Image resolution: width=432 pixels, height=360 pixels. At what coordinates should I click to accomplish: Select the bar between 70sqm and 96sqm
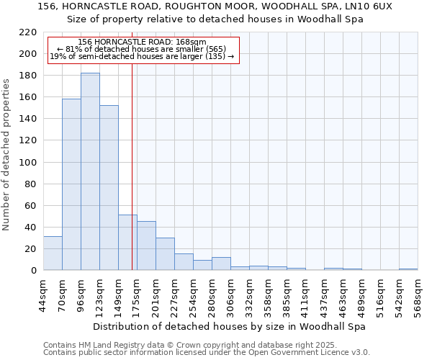(x=71, y=184)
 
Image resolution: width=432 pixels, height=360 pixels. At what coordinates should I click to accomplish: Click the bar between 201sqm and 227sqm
(x=165, y=253)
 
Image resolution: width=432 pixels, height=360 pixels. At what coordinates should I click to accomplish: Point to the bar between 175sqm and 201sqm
(x=146, y=246)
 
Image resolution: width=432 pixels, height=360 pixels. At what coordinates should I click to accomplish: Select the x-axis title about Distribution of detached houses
(x=230, y=326)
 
